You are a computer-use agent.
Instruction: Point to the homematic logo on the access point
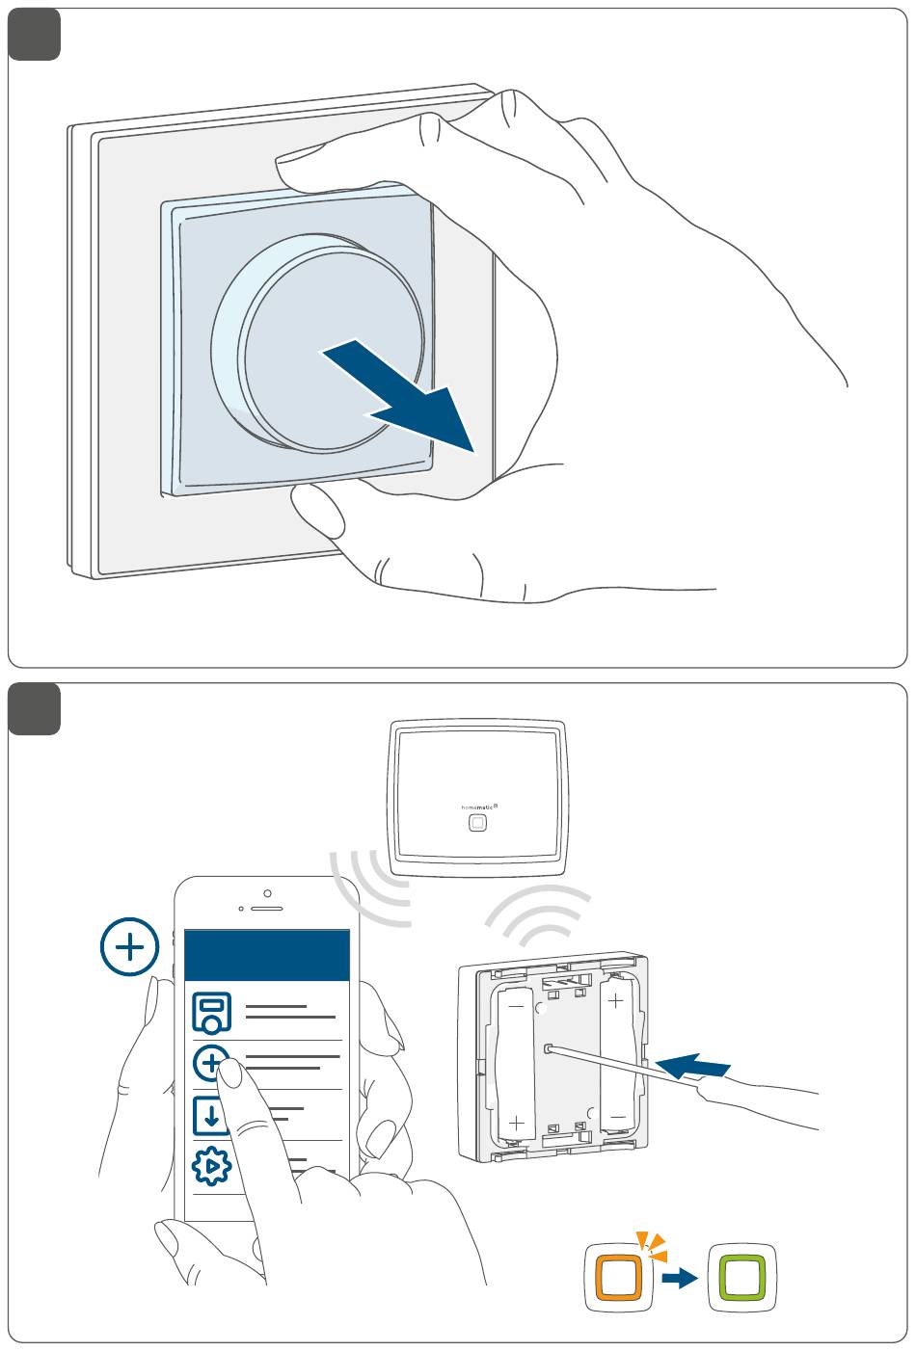476,806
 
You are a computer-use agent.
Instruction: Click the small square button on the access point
477,824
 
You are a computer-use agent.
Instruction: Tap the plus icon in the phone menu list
213,1064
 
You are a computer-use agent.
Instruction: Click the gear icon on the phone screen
212,1167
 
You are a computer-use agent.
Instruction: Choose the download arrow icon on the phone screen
212,1115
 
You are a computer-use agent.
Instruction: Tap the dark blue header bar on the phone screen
266,955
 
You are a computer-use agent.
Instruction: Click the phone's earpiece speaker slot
267,908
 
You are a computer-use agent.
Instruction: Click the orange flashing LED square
619,1278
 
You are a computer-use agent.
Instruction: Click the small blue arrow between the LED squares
681,1279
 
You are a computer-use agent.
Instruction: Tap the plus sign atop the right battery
615,1002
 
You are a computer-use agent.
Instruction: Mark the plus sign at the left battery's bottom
517,1123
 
